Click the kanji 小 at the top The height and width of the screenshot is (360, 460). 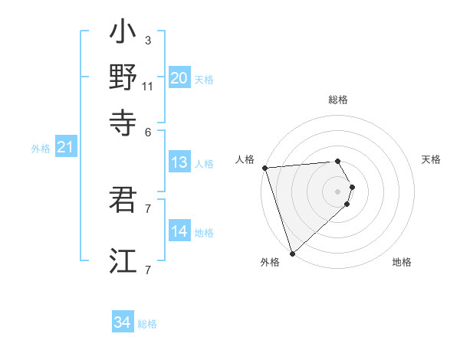123,35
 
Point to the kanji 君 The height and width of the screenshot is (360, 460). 123,200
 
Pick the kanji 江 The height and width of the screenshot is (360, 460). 123,260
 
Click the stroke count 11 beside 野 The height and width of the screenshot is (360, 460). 148,86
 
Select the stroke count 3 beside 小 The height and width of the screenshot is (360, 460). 147,40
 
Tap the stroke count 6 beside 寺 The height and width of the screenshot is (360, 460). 147,132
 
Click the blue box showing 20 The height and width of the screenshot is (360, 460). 179,77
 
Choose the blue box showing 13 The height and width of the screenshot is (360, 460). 179,162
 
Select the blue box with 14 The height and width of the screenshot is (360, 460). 179,231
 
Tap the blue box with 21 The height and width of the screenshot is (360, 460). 64,147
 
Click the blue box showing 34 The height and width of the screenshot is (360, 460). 122,322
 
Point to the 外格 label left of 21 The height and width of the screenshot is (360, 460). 40,149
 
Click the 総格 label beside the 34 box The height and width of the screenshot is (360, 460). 147,324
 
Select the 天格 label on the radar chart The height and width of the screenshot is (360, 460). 431,159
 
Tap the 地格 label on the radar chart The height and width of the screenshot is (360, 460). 402,263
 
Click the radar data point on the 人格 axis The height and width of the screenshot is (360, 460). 264,167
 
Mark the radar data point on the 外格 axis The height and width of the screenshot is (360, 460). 292,253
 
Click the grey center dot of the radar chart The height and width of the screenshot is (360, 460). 337,191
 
